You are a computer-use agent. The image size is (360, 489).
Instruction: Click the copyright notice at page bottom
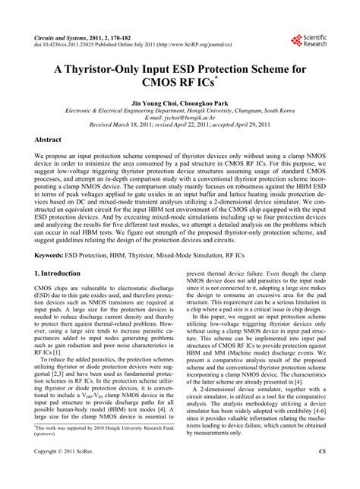coord(69,472)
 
